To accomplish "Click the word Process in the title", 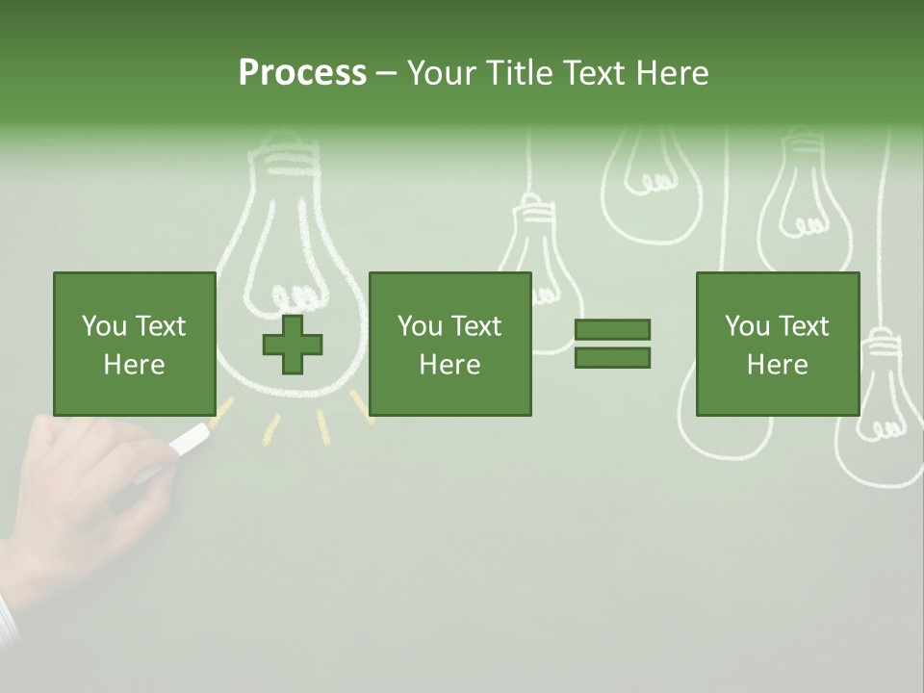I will tap(302, 73).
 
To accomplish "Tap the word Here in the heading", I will tap(668, 73).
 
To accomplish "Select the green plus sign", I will tap(293, 345).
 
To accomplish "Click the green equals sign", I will tap(612, 344).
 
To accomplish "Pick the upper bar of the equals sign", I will tap(612, 330).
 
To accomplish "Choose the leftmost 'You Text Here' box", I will tap(135, 344).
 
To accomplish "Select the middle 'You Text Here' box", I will tap(449, 344).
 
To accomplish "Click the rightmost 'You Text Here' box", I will tap(777, 344).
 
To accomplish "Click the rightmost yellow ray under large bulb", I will tap(359, 405).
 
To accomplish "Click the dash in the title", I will tap(387, 73).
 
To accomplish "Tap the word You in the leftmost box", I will tap(104, 326).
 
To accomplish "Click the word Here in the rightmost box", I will tap(777, 365).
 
